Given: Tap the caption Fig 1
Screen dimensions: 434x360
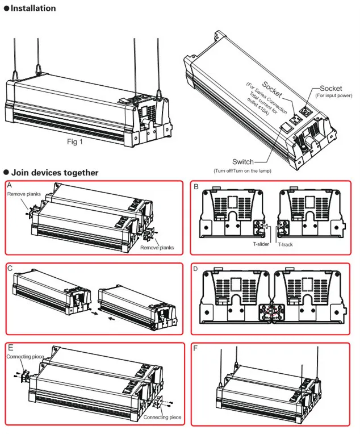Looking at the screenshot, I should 73,142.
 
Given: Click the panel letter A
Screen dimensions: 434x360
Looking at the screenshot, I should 10,186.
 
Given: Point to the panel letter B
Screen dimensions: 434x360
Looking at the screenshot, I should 196,186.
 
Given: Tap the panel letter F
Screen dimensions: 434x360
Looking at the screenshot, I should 196,348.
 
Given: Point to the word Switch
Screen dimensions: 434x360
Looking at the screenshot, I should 243,162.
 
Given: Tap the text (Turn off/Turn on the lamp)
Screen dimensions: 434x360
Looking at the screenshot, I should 242,171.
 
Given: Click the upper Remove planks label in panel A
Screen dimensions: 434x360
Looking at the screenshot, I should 26,194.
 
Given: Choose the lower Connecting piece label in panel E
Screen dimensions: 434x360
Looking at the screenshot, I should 162,418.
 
